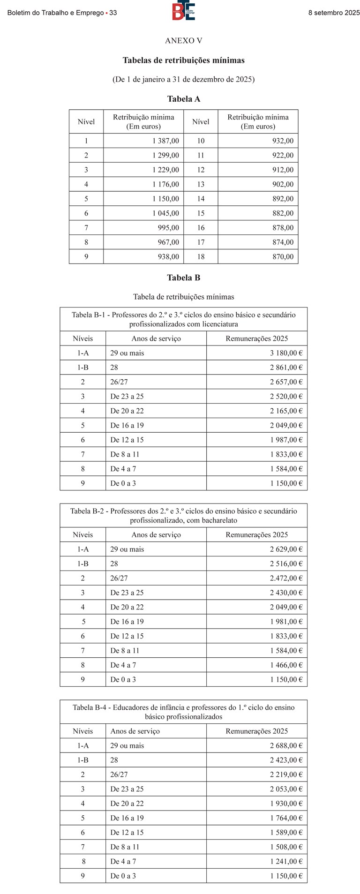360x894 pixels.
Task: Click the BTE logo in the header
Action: point(183,11)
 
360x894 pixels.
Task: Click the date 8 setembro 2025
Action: point(334,13)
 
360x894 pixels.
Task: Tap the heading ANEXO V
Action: point(183,41)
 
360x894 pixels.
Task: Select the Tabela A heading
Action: point(183,99)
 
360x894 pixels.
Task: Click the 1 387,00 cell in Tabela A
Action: point(165,141)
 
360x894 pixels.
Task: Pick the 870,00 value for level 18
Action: point(283,256)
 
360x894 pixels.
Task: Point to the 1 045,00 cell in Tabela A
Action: point(165,213)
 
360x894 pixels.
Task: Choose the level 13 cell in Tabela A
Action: point(201,184)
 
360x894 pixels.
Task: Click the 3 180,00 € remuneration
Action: point(286,353)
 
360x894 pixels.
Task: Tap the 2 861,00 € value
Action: point(286,368)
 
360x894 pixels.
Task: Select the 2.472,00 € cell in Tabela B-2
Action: point(286,578)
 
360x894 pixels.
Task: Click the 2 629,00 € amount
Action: point(286,549)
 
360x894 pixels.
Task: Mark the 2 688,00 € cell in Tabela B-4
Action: point(286,745)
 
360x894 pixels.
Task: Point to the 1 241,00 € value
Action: point(286,861)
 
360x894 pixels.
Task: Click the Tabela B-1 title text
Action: point(183,319)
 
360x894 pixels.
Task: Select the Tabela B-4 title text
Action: point(183,712)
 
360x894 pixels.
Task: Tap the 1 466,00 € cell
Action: point(286,665)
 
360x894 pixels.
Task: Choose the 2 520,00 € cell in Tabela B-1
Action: point(286,397)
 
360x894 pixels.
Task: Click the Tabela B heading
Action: point(183,278)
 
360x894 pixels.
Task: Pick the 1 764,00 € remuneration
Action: point(286,818)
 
